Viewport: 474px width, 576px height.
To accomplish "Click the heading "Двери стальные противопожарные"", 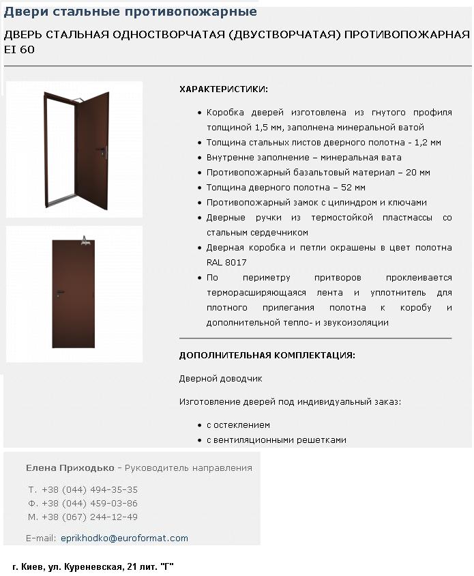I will click(131, 12).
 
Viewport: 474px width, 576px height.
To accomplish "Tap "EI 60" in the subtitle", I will click(20, 50).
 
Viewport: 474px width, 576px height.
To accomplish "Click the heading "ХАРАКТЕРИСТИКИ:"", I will click(224, 89).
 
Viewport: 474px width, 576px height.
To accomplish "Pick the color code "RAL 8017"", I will click(227, 263).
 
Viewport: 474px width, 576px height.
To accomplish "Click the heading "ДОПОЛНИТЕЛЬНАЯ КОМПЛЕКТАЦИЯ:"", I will click(267, 356).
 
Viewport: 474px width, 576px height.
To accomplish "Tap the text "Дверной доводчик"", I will click(221, 379).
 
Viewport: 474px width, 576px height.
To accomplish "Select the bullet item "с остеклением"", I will click(238, 425).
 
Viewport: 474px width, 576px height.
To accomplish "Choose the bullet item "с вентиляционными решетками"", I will click(276, 440).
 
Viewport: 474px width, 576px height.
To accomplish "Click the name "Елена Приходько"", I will click(70, 468).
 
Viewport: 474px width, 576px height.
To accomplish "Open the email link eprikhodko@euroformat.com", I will click(124, 538).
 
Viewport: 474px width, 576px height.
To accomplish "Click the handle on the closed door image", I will click(59, 293).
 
